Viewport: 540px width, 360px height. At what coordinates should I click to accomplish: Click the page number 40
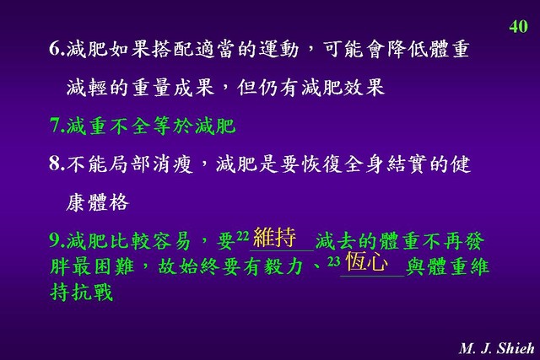click(x=518, y=26)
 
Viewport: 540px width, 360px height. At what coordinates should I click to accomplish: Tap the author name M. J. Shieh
click(x=496, y=348)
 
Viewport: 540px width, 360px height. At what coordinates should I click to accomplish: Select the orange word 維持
click(x=274, y=237)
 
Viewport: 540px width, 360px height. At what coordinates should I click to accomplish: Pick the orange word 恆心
click(x=367, y=262)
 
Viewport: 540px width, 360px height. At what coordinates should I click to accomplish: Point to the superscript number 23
click(x=334, y=261)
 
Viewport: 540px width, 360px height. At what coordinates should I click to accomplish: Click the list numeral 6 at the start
click(x=55, y=49)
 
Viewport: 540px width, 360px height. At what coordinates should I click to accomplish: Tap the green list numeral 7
click(x=55, y=126)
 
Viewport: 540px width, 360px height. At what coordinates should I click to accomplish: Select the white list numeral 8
click(x=55, y=163)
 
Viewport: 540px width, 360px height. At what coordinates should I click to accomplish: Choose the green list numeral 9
click(x=55, y=240)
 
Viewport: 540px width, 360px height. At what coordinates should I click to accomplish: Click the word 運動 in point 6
click(x=279, y=49)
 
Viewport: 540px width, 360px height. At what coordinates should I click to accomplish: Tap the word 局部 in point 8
click(x=129, y=164)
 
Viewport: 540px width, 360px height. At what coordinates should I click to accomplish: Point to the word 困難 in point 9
click(x=114, y=266)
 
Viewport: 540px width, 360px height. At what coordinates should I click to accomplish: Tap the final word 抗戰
click(x=92, y=292)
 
